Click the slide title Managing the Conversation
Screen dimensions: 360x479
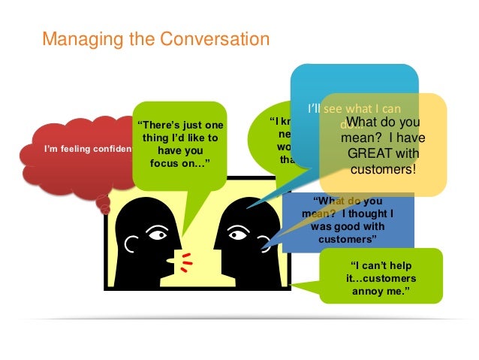pos(155,38)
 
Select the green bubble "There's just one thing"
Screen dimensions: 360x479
pos(179,143)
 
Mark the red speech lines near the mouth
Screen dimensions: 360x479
pos(185,260)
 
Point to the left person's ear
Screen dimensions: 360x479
pos(130,245)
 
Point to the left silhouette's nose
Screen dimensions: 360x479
pos(175,249)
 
